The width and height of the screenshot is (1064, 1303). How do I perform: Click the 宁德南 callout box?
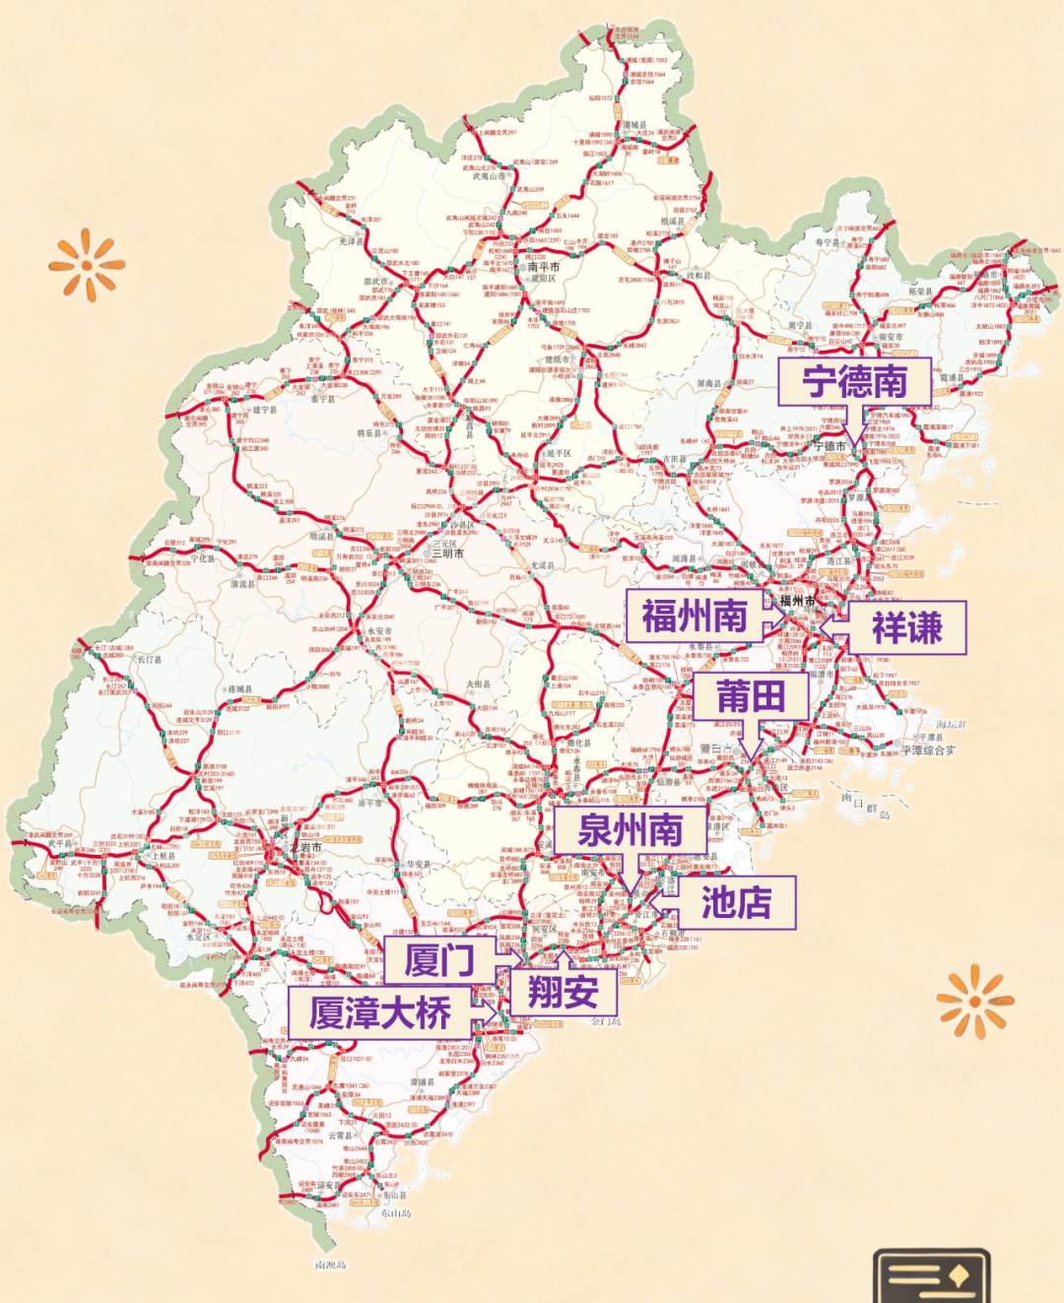click(x=854, y=382)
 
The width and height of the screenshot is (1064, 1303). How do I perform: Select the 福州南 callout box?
click(x=695, y=617)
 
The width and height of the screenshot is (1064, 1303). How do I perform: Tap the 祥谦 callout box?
click(x=906, y=627)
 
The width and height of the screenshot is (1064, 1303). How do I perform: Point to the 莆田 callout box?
click(x=751, y=696)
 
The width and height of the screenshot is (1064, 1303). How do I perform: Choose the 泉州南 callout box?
click(x=630, y=830)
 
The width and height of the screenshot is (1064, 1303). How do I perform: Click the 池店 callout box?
click(x=735, y=902)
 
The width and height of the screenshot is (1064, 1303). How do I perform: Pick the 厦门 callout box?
click(x=439, y=959)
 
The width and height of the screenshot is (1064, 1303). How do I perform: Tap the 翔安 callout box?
click(x=563, y=991)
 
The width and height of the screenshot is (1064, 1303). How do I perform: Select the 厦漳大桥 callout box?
click(x=379, y=1012)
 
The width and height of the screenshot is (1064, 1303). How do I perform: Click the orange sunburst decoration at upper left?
click(x=87, y=263)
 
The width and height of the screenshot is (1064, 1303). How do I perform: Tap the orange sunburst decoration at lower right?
click(x=975, y=1001)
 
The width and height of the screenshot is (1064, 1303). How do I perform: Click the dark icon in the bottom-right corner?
click(x=931, y=1276)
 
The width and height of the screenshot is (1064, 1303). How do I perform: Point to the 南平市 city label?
click(x=544, y=267)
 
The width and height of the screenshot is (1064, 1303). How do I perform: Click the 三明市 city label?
click(x=447, y=554)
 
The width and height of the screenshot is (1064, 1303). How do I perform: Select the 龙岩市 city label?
click(x=305, y=847)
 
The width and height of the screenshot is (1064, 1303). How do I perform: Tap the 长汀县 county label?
click(x=149, y=660)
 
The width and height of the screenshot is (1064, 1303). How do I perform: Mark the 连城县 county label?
click(x=239, y=689)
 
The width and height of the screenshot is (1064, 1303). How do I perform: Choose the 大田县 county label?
click(x=478, y=684)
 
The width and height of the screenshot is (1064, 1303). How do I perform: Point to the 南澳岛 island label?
click(x=331, y=1265)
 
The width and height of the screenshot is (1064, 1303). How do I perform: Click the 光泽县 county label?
click(x=352, y=241)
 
